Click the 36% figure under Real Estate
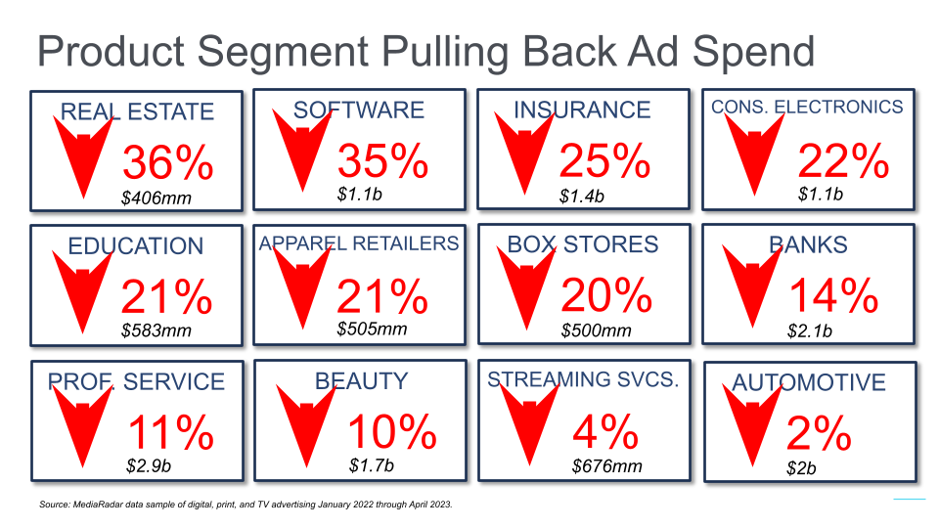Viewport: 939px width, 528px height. coord(167,162)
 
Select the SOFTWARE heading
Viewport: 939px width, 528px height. coord(359,110)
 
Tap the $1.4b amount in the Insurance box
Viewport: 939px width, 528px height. coord(581,197)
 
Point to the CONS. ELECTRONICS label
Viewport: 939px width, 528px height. coord(807,107)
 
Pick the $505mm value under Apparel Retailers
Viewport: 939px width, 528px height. coord(372,329)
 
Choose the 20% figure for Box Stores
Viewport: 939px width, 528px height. coord(606,295)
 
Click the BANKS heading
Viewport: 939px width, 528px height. coord(809,244)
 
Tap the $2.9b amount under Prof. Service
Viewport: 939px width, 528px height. coord(149,465)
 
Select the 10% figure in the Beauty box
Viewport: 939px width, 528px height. coord(392,431)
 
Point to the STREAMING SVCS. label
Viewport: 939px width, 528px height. coord(583,379)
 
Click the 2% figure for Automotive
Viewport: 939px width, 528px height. coord(819,433)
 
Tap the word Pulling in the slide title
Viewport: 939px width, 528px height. coord(445,52)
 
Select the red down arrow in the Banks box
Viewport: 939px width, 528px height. coord(752,286)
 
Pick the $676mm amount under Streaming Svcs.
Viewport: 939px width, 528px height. coord(606,465)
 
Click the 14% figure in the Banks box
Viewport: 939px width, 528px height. coord(833,295)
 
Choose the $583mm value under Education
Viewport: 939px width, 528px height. coord(156,330)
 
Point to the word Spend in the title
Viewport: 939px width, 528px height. coord(754,53)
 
